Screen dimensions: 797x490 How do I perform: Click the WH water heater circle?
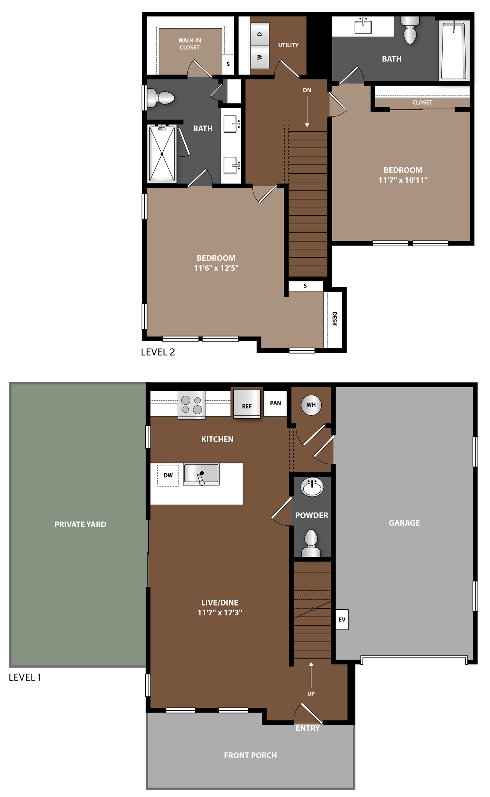[x=311, y=405]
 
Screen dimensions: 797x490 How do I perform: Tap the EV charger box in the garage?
[x=342, y=619]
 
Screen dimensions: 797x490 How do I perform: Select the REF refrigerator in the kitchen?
[x=247, y=404]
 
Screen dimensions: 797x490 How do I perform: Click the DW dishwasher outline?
[x=168, y=475]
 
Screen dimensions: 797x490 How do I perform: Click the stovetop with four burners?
[x=192, y=405]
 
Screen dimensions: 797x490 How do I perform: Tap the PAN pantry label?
[x=275, y=403]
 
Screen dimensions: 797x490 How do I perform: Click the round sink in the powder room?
[x=313, y=488]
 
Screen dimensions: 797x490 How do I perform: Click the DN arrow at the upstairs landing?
[x=307, y=111]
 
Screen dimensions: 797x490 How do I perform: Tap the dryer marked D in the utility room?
[x=260, y=34]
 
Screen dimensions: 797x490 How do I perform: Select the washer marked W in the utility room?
[x=260, y=57]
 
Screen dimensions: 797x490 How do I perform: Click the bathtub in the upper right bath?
[x=453, y=51]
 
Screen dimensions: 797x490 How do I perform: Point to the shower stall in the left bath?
[x=162, y=153]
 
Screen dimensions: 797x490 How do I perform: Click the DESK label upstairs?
[x=334, y=319]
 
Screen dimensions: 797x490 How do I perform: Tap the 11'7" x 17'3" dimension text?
[x=220, y=613]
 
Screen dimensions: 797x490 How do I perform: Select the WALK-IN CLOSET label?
[x=189, y=44]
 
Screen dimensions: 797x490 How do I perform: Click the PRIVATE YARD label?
[x=80, y=525]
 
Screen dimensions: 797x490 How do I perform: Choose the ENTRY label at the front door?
[x=308, y=728]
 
